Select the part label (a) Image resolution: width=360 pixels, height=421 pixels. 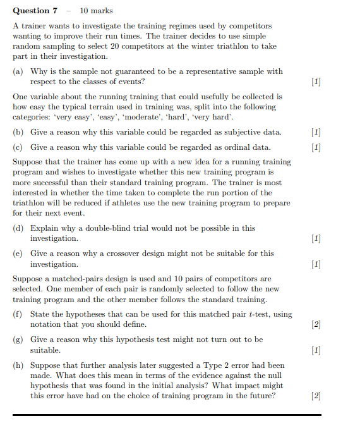point(19,71)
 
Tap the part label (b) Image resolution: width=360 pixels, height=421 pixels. point(19,132)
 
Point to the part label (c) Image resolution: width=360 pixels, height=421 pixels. point(19,147)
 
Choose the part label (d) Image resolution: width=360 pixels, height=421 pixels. point(19,228)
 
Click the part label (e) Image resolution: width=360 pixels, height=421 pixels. point(19,253)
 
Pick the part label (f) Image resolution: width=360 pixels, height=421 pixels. point(19,314)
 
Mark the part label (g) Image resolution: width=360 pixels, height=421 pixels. point(19,339)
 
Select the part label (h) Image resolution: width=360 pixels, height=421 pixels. point(19,365)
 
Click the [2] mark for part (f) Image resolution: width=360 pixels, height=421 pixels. point(316,324)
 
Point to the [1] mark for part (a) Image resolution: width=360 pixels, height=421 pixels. point(316,82)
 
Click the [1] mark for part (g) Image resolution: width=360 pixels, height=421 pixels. point(316,350)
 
